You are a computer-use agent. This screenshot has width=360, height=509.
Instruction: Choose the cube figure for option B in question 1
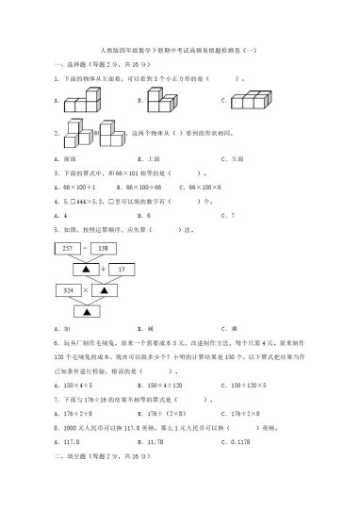[161, 97]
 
